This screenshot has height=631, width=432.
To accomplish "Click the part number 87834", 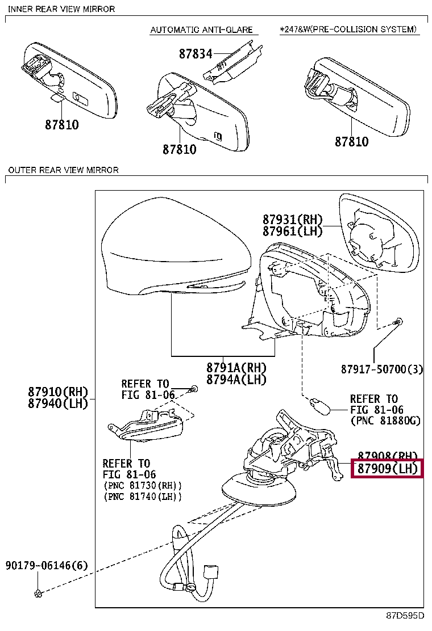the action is click(x=195, y=54).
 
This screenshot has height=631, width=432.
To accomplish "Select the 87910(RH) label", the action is click(x=59, y=392).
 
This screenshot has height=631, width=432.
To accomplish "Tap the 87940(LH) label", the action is click(x=59, y=403).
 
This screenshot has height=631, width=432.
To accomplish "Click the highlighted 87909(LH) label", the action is click(x=387, y=469).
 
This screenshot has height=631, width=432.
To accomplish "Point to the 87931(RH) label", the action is click(x=292, y=220).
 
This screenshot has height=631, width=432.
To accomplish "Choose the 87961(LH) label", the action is click(x=292, y=231).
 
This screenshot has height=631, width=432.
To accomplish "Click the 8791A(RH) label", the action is click(x=236, y=368).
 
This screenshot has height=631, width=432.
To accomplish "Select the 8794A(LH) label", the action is click(x=236, y=380).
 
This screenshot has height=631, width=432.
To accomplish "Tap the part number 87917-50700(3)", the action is click(x=382, y=369).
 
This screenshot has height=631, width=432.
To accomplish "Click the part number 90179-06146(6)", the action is click(x=47, y=566).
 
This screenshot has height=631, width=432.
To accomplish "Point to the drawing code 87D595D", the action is click(x=406, y=616).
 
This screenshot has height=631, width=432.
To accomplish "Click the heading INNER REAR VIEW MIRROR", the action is click(x=61, y=9).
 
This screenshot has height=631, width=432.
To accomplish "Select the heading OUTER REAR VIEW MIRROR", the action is click(x=63, y=170).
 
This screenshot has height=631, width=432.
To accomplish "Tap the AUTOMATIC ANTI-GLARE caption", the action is click(x=201, y=30).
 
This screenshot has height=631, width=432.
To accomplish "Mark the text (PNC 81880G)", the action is click(x=385, y=420).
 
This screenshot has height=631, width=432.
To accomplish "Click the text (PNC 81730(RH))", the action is click(x=143, y=486).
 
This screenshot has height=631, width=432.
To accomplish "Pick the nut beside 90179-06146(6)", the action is click(x=38, y=594).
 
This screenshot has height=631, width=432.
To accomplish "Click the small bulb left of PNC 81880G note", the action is click(x=316, y=405).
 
